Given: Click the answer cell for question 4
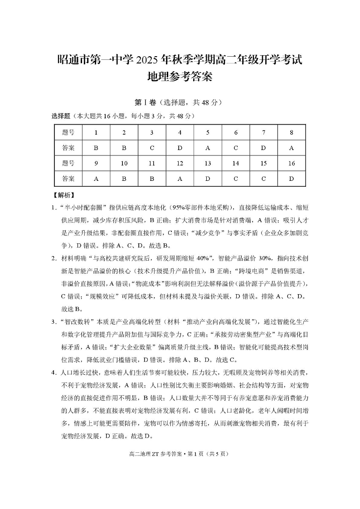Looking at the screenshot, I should tap(180, 148).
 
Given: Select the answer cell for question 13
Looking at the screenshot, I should tap(208, 179).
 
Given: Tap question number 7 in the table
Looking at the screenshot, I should tap(264, 132).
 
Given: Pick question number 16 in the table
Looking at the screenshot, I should tap(292, 163).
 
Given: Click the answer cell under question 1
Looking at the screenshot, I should tap(96, 148).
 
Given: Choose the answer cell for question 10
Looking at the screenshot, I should tap(124, 179).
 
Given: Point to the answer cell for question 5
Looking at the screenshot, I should tap(208, 148).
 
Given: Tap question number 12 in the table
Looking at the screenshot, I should tap(180, 163).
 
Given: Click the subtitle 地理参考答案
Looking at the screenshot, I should tap(180, 77).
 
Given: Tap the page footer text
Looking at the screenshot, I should tap(180, 453).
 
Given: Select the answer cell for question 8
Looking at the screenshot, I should tap(292, 148).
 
